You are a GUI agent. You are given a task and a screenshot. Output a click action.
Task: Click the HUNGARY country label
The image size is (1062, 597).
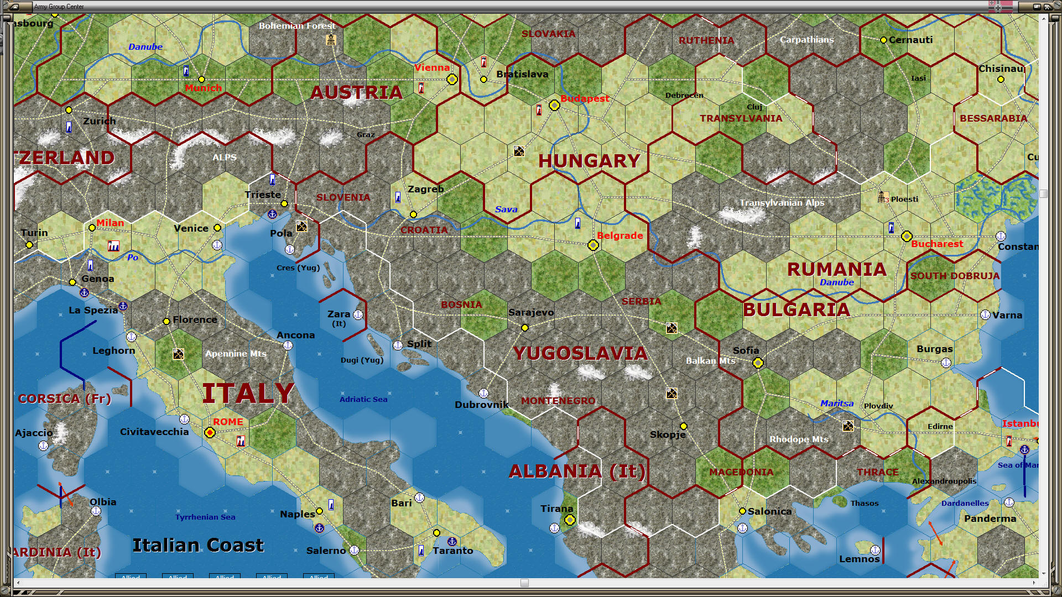point(589,161)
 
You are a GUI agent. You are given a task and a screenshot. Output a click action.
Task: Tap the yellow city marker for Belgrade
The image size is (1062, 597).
point(593,245)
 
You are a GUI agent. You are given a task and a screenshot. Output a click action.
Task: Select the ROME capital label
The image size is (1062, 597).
point(228,422)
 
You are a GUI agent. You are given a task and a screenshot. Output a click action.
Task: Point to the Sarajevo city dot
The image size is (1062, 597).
point(525,328)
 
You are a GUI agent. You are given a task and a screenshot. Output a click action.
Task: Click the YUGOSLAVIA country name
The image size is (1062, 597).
point(580,353)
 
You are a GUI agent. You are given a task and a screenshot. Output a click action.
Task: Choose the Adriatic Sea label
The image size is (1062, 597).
point(363,399)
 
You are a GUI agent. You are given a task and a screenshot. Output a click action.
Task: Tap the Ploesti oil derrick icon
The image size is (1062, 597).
point(883,197)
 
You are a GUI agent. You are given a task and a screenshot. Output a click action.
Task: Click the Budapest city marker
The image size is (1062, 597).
point(554,106)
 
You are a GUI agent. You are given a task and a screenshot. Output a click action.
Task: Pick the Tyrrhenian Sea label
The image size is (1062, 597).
point(205,517)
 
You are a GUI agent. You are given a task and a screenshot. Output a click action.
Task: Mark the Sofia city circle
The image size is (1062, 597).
point(758,363)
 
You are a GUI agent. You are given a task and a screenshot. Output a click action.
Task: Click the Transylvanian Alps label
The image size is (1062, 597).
point(782,203)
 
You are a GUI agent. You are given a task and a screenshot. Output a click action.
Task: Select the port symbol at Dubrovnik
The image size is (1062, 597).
point(483,393)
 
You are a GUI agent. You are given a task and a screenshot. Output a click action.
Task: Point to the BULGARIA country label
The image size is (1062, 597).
point(796,310)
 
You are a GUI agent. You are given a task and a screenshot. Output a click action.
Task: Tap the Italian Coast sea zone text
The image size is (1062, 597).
point(198,546)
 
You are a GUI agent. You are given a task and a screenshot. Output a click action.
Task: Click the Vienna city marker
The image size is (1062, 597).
point(452,80)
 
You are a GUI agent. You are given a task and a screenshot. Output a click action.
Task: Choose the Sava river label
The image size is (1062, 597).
point(506,210)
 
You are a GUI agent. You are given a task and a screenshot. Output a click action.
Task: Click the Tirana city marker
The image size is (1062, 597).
point(570,520)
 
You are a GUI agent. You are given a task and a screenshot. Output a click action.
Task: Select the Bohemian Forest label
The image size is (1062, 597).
point(297,26)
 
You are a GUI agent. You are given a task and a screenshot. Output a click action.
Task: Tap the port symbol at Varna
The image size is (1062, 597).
point(985,315)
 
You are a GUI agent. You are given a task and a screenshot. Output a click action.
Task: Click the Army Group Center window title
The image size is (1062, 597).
point(59,7)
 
